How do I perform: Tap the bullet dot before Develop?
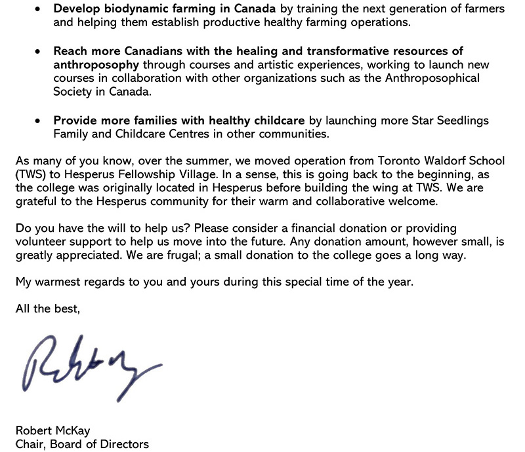[x=39, y=10]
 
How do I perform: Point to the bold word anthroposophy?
[x=96, y=65]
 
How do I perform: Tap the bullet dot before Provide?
[x=39, y=121]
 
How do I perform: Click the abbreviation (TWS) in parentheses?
[x=30, y=175]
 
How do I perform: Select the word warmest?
[x=61, y=282]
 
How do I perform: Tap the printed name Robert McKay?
[x=53, y=430]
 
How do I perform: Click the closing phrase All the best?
[x=48, y=309]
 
